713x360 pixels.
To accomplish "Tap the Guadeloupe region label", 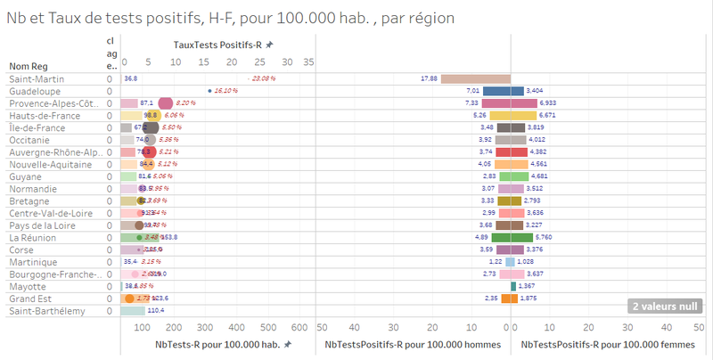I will point(33,91).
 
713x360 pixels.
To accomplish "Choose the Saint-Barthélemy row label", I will point(47,311).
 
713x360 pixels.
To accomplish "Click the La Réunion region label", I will point(33,238).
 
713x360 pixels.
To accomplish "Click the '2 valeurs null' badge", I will point(665,307).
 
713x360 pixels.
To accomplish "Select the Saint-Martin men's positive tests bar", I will point(475,78).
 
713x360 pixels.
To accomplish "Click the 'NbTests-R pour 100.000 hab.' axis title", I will point(211,344).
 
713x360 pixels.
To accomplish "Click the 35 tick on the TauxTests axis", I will point(308,62).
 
